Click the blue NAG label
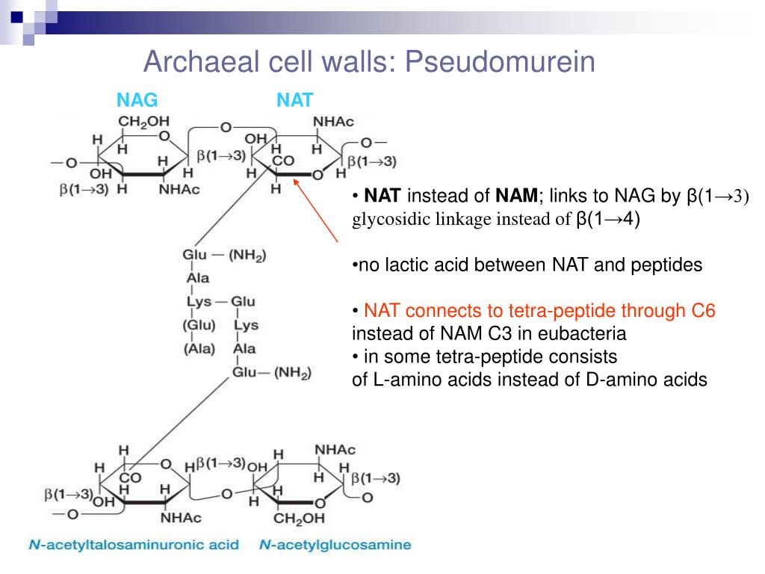137,100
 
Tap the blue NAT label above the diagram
294,100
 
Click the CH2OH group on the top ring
143,121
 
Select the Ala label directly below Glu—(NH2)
198,278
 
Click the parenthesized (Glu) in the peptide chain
199,325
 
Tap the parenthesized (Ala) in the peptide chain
199,348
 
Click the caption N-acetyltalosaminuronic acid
134,545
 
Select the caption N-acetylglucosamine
335,545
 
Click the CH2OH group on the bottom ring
299,518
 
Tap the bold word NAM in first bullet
516,197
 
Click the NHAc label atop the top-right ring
333,121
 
